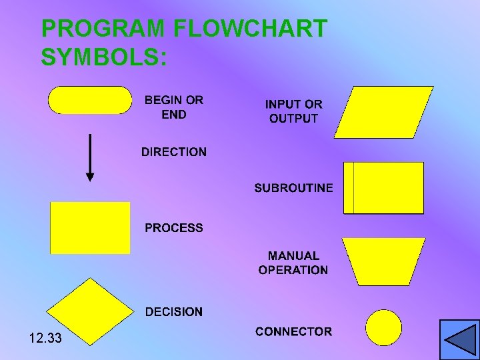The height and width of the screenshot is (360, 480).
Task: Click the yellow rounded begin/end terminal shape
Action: tap(90, 100)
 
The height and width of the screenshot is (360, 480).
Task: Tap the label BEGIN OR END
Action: tap(174, 107)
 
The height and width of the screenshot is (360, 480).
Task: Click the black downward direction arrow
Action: tap(90, 158)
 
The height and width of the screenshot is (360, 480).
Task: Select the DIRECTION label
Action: tap(174, 152)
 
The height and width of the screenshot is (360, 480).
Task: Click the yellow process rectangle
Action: tap(90, 228)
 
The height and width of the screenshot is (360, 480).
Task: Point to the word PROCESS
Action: tap(174, 228)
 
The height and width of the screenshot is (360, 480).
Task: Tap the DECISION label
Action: tap(174, 311)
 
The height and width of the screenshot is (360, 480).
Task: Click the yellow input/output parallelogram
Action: tap(383, 112)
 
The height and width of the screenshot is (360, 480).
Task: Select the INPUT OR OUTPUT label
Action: tap(293, 111)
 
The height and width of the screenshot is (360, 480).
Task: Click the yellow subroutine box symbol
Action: tap(383, 188)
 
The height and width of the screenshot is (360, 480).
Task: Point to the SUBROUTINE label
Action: tap(293, 188)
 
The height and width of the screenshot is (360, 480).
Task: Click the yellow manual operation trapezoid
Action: tap(383, 261)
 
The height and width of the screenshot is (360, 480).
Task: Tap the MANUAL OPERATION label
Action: tap(293, 263)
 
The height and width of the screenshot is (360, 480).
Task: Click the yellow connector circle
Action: tap(384, 327)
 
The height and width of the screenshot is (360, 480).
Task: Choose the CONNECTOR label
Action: tap(293, 331)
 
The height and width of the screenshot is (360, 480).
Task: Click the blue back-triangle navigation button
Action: tap(459, 339)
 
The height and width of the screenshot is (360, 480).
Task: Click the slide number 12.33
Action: tap(45, 339)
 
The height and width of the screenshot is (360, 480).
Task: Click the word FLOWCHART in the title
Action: tap(250, 29)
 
